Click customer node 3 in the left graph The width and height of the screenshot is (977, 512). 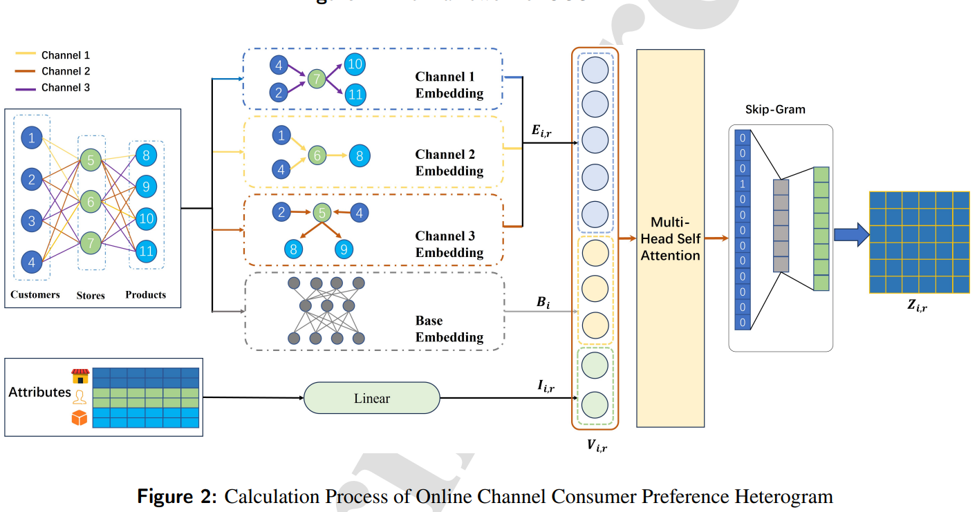(32, 222)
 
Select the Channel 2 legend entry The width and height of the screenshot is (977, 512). (66, 71)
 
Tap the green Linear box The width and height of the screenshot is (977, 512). (372, 399)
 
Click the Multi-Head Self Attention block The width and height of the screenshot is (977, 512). (670, 238)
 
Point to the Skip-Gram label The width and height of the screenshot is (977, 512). (775, 109)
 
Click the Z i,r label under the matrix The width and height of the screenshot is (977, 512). (918, 306)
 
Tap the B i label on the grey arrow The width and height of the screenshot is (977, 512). (543, 302)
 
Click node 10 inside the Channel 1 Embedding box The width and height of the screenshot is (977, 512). (354, 65)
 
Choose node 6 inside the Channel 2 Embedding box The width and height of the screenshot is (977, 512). (317, 156)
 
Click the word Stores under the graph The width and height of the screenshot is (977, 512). (91, 295)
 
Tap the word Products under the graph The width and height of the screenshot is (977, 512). (145, 294)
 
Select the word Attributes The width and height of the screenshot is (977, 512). (39, 392)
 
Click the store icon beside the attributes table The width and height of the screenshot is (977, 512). (80, 376)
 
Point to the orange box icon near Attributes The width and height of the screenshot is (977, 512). (80, 418)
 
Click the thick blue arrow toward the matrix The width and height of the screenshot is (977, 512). (850, 235)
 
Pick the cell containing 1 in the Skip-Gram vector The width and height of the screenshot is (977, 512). (742, 184)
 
